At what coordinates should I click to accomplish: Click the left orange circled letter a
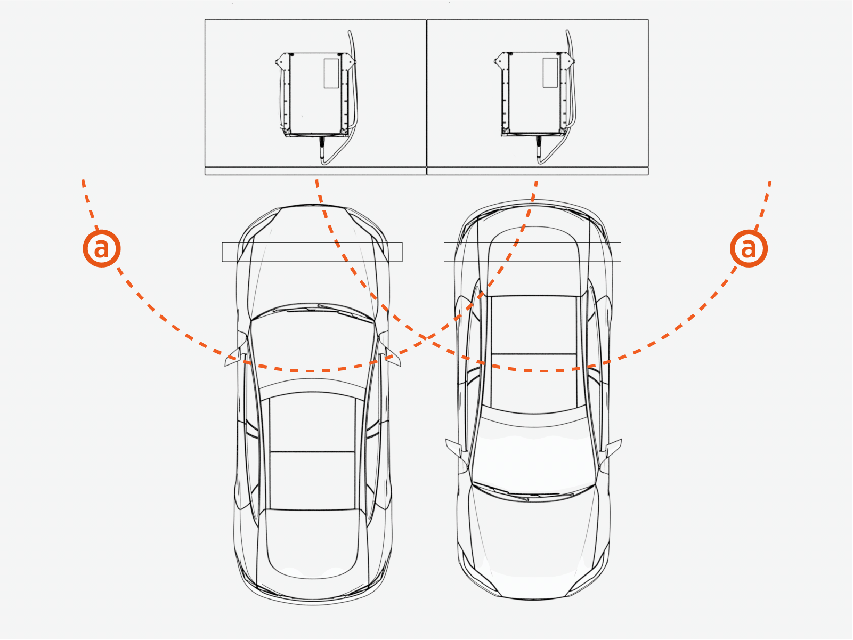click(x=102, y=248)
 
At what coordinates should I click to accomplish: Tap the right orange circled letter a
click(x=749, y=248)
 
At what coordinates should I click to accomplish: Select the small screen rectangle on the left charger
click(x=331, y=74)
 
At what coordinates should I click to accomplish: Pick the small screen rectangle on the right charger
click(x=550, y=72)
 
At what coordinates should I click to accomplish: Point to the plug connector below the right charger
click(x=539, y=149)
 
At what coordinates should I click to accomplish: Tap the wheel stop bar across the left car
click(x=312, y=252)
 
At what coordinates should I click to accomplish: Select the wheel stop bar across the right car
click(x=532, y=252)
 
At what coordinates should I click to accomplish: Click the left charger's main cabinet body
click(x=315, y=94)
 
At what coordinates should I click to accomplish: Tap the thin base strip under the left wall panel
click(x=315, y=172)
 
